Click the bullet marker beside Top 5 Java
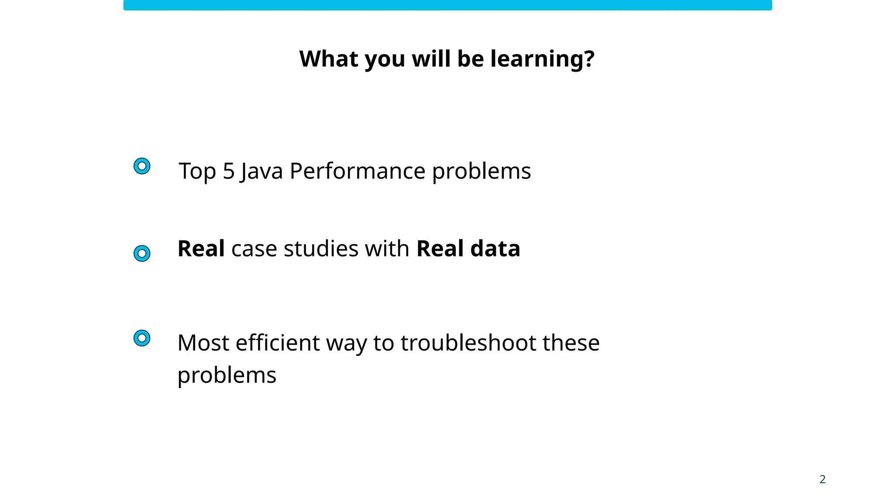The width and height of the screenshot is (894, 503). click(142, 166)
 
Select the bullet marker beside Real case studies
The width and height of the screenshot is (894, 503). click(142, 253)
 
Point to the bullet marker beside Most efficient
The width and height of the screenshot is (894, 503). click(142, 338)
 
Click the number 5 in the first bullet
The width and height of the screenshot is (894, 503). click(229, 171)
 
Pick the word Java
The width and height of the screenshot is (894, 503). click(261, 171)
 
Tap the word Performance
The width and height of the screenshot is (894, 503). click(357, 171)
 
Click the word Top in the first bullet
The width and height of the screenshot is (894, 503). click(198, 171)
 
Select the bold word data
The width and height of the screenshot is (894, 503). click(495, 248)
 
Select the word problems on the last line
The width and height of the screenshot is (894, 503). click(227, 375)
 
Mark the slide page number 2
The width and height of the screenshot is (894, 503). click(822, 479)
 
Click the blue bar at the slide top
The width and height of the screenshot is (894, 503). click(447, 5)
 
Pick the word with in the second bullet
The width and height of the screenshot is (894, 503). click(387, 248)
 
